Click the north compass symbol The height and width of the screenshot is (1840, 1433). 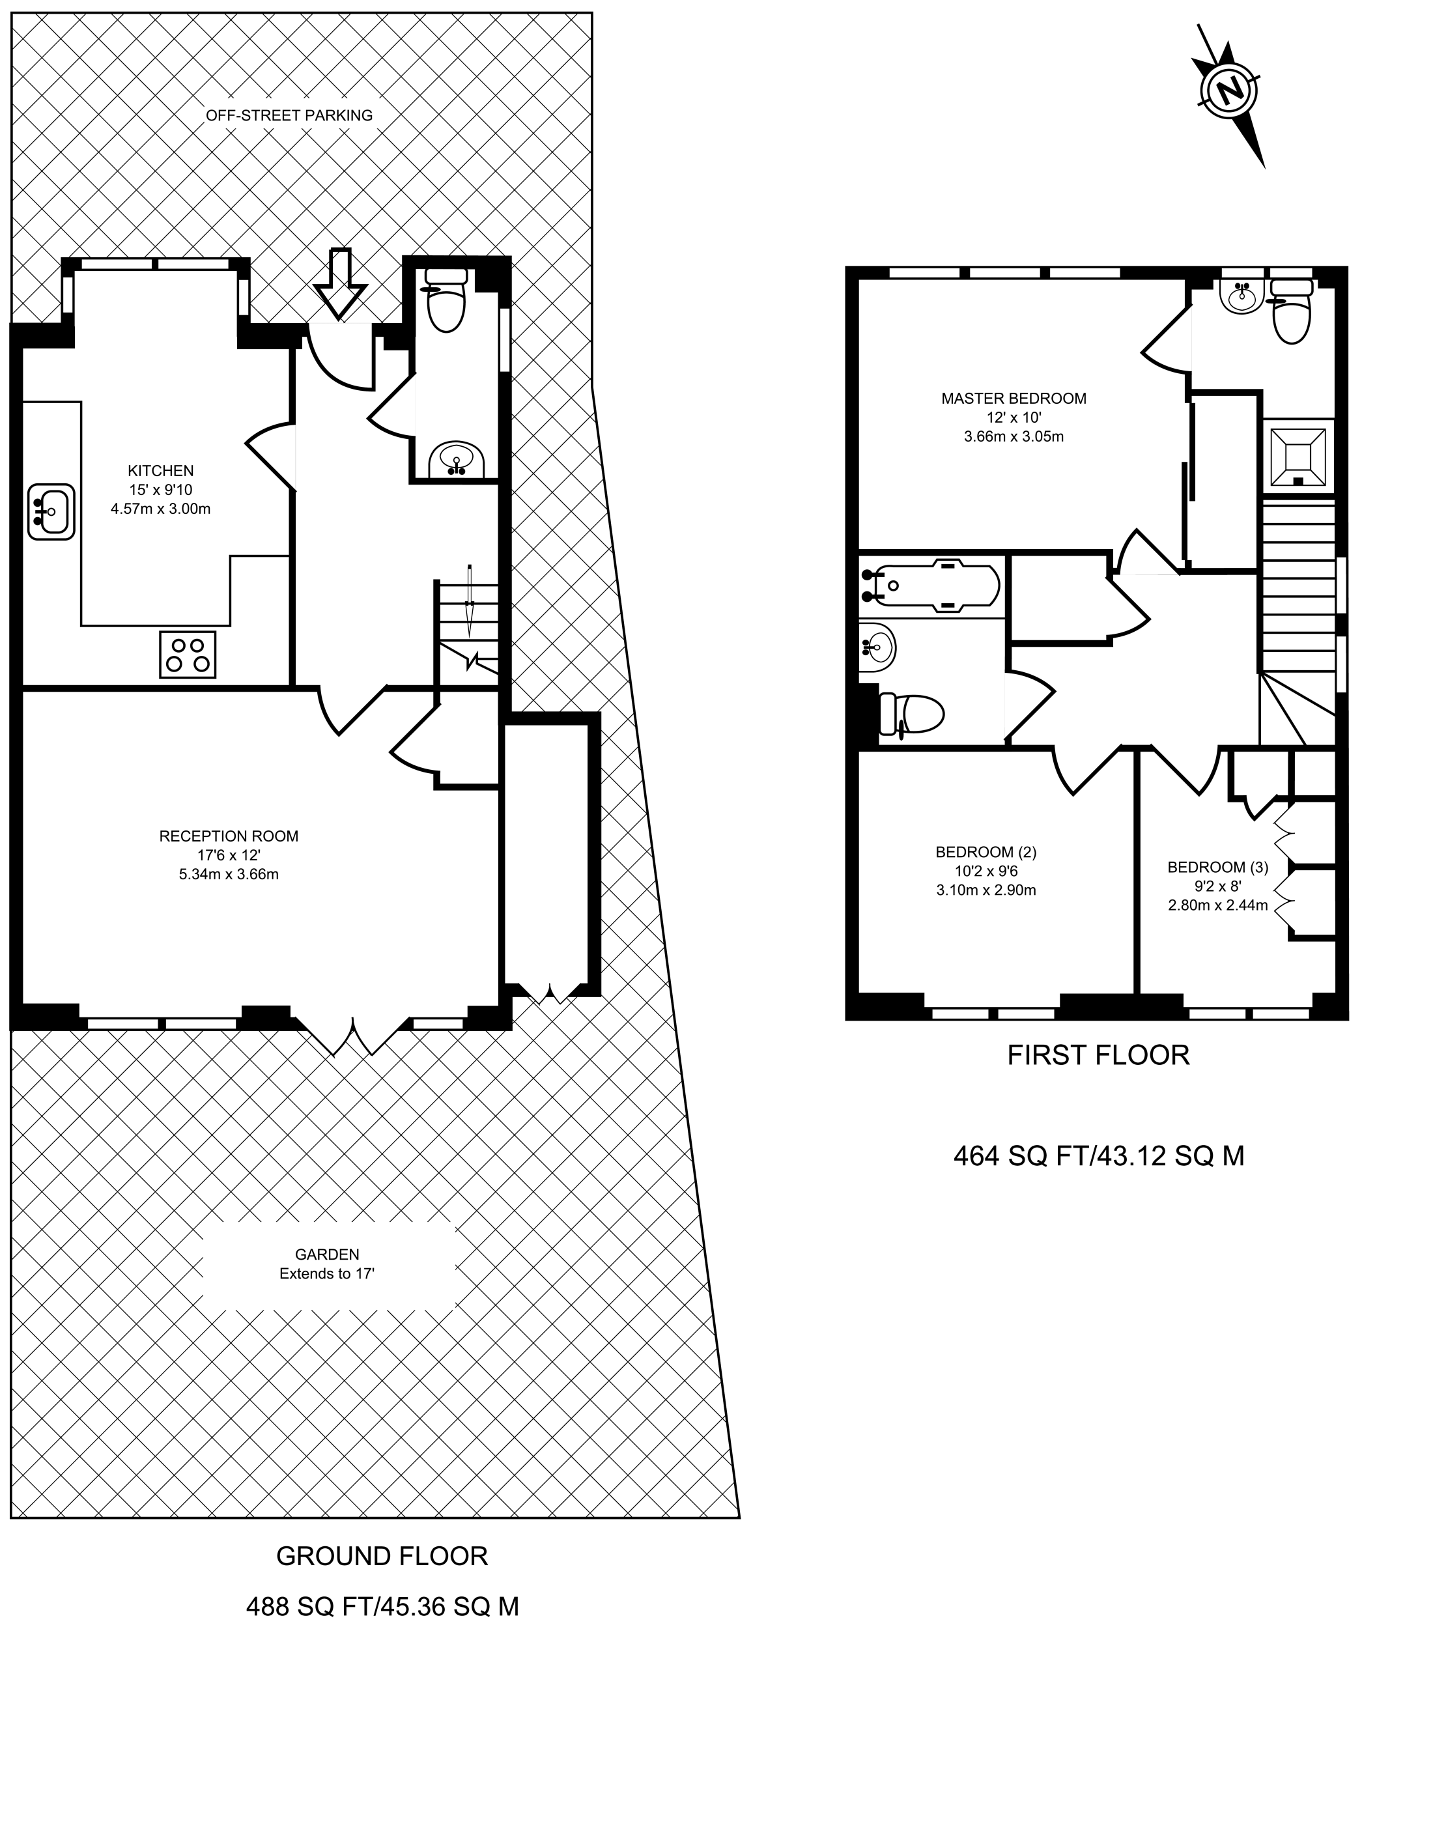click(1229, 92)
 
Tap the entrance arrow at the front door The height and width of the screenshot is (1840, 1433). click(339, 284)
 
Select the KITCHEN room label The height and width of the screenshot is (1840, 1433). click(161, 471)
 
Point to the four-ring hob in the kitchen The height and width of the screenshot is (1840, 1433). click(187, 655)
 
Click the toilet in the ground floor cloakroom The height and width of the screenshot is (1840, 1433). click(446, 300)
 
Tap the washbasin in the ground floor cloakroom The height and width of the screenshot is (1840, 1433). click(456, 460)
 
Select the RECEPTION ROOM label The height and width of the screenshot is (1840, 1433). click(229, 836)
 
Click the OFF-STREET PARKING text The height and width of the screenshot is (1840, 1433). click(289, 115)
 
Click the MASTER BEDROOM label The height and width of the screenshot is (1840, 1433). click(1014, 399)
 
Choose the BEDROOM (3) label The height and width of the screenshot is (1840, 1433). click(1217, 867)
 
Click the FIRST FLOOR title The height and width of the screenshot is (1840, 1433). click(1099, 1054)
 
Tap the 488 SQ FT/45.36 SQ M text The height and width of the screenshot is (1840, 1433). click(382, 1607)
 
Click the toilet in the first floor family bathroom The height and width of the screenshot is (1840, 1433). click(909, 715)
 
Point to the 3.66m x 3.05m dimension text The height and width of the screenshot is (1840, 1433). click(1014, 436)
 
